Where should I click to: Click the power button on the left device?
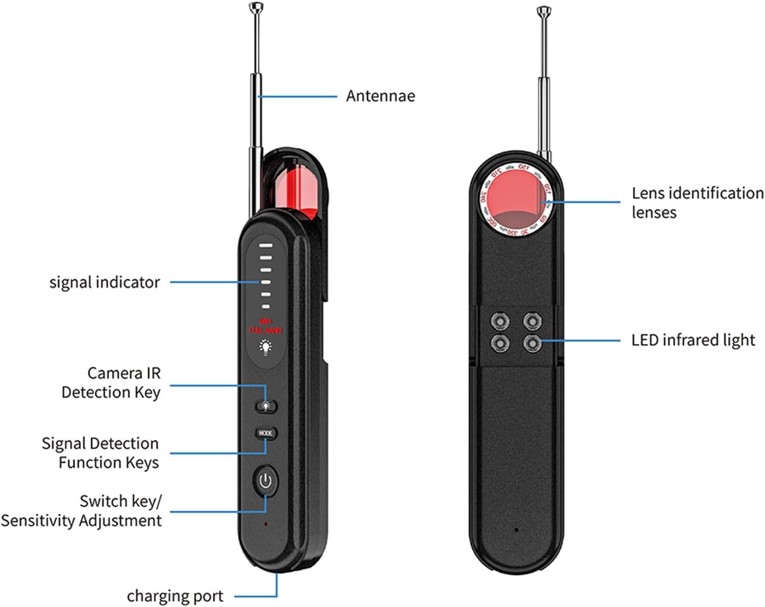pyautogui.click(x=265, y=481)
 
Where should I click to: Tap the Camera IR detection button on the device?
pyautogui.click(x=266, y=406)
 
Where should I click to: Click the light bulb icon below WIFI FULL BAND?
pyautogui.click(x=265, y=347)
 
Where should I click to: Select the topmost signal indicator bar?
pyautogui.click(x=266, y=246)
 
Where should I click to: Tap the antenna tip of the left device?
pyautogui.click(x=256, y=7)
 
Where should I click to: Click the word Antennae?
pyautogui.click(x=380, y=96)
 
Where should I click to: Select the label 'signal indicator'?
pyautogui.click(x=105, y=282)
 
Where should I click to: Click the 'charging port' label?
pyautogui.click(x=175, y=596)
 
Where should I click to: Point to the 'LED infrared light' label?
pyautogui.click(x=693, y=340)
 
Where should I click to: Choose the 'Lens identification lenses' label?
pyautogui.click(x=697, y=202)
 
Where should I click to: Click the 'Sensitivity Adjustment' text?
pyautogui.click(x=81, y=521)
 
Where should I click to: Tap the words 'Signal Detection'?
pyautogui.click(x=100, y=444)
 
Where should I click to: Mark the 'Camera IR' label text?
pyautogui.click(x=124, y=374)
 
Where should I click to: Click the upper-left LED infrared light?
pyautogui.click(x=500, y=321)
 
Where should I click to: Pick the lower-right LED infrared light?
pyautogui.click(x=532, y=343)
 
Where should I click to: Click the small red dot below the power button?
pyautogui.click(x=266, y=524)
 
